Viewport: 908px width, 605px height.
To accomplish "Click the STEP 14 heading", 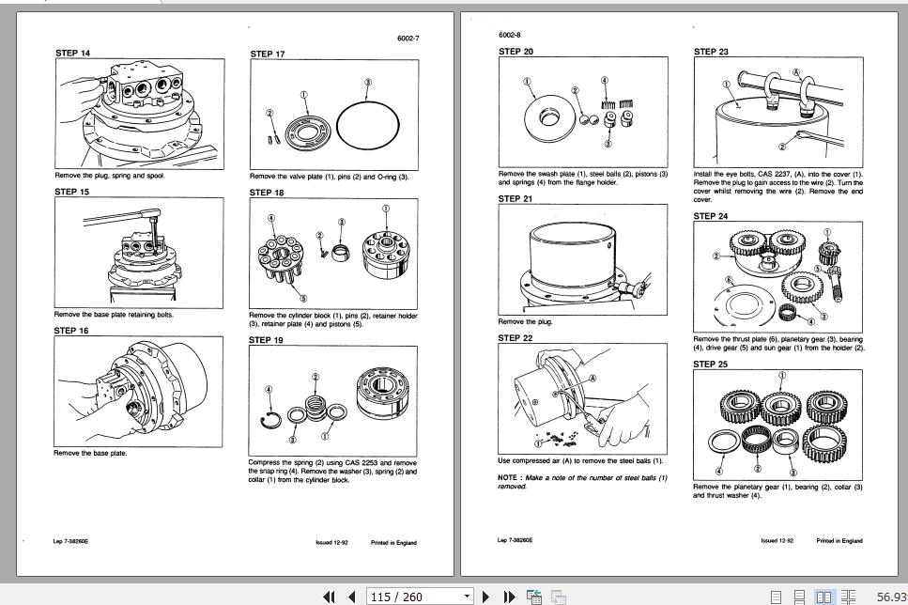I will point(72,53).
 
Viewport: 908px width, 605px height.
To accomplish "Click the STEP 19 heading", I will point(267,340).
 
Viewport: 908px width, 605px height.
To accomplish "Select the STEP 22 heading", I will point(516,337).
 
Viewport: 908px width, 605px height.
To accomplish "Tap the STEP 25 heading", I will point(711,364).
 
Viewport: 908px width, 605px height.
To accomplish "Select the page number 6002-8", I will point(512,35).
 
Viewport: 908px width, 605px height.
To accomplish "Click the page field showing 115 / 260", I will point(421,596).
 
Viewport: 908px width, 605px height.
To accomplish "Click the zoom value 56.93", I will point(892,596).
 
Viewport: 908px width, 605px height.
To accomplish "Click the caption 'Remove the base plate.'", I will point(90,453).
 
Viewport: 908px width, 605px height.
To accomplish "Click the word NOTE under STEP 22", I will point(508,477).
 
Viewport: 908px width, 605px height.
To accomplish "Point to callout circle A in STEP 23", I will point(796,72).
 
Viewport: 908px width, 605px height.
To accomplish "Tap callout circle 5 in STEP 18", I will point(276,298).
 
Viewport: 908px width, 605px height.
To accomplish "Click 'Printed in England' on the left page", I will point(393,542).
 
